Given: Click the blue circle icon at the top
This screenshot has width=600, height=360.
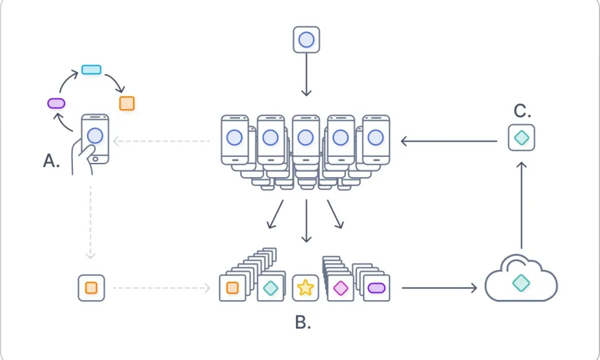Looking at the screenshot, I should (306, 40).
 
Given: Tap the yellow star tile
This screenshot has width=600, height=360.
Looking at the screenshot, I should (305, 288).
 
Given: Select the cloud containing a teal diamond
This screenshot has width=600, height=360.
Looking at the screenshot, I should (521, 280).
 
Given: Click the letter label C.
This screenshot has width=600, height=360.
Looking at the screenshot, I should (522, 111).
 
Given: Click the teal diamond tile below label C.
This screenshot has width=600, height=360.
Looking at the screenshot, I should (522, 138).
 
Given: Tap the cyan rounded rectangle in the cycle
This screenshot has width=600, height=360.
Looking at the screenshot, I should (91, 70).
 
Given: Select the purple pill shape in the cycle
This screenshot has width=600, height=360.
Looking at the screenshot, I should (56, 103).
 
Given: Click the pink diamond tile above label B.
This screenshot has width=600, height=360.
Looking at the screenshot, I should (340, 288).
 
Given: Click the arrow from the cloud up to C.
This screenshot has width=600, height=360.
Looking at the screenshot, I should (522, 205).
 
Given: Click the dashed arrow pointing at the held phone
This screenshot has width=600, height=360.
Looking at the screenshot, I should (161, 142).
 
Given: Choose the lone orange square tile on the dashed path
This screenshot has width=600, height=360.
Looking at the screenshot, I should (91, 288).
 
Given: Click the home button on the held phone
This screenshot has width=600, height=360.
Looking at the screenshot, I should (95, 160).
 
